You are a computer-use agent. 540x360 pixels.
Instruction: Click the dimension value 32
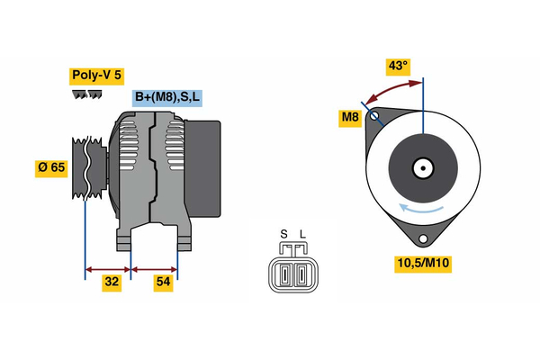[x=112, y=283]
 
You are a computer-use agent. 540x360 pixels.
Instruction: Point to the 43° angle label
[x=397, y=65]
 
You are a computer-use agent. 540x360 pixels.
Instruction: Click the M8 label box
[x=350, y=117]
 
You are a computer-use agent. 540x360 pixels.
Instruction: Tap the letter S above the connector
[x=283, y=236]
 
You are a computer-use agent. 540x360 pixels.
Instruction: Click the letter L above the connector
[x=302, y=236]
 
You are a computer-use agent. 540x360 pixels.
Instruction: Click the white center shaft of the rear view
[x=421, y=167]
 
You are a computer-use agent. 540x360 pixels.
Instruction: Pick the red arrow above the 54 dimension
[x=154, y=268]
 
